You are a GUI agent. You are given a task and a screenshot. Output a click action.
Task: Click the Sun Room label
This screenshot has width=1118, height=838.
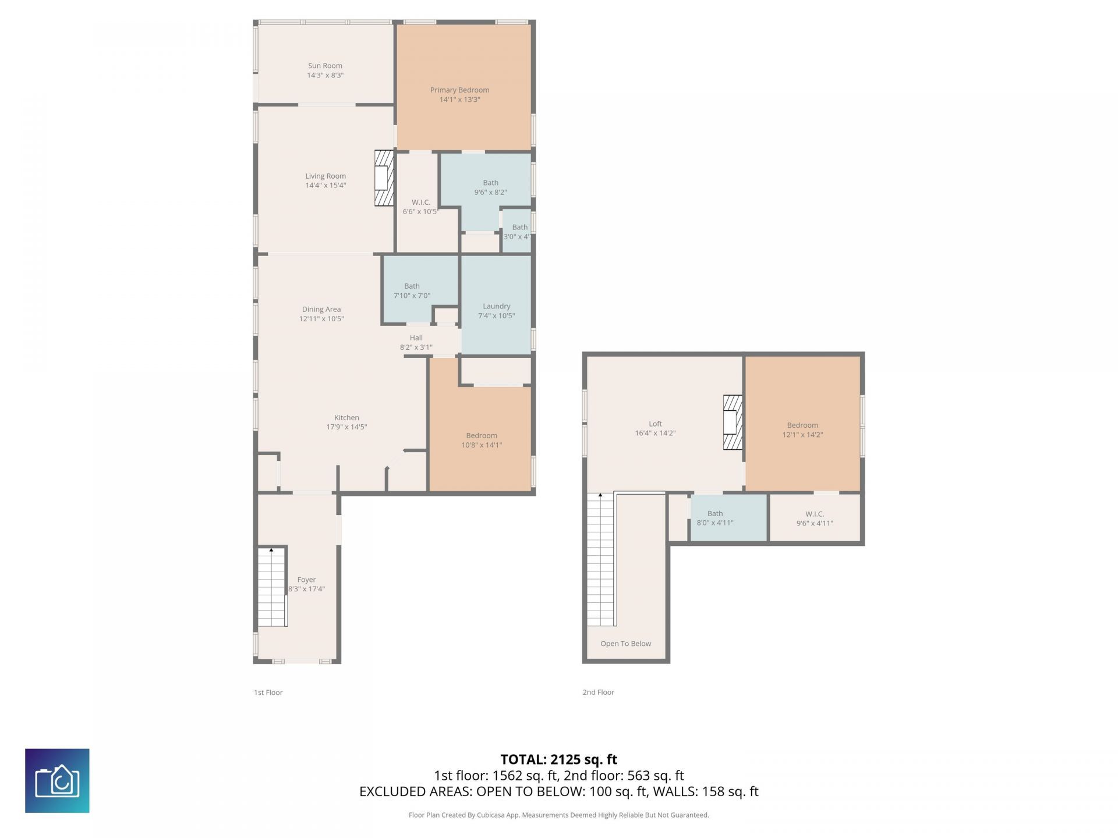325,66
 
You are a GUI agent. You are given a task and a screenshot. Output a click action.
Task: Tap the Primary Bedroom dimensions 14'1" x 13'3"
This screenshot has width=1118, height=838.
459,100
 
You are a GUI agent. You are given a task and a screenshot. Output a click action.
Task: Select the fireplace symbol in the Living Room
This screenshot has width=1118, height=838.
383,178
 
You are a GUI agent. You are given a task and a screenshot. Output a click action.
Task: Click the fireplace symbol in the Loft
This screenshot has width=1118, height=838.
733,422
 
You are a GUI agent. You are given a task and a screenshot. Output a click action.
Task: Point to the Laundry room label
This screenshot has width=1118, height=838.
496,306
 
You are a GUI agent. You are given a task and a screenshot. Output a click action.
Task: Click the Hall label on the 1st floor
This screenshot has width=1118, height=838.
416,338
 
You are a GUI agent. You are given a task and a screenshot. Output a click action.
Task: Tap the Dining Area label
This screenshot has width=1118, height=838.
321,309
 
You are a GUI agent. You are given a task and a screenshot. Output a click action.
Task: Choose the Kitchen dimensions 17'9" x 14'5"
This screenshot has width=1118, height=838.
346,427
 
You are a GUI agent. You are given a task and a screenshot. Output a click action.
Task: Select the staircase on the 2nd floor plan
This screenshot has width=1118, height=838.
600,559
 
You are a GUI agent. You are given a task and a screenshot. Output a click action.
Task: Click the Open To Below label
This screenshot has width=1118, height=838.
625,644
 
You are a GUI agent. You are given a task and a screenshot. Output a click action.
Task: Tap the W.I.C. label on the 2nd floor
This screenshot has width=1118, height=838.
814,514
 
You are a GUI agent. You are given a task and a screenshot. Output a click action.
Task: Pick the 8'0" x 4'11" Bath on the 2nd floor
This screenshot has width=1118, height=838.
715,518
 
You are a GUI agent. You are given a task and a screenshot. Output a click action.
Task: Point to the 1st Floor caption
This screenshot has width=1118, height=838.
268,693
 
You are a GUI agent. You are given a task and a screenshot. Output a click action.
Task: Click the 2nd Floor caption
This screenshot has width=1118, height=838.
598,693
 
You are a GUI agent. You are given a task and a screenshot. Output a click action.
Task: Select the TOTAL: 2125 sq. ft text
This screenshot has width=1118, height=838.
558,759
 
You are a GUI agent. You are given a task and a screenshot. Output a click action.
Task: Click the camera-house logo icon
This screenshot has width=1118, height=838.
57,780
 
